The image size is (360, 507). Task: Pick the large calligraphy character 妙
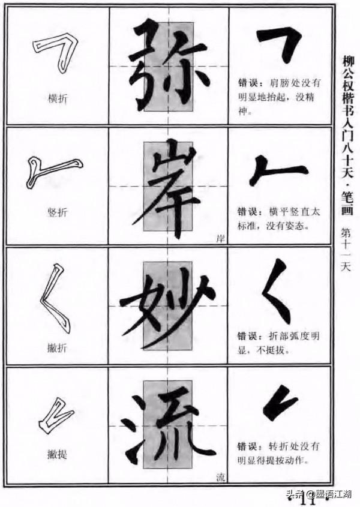click(x=168, y=306)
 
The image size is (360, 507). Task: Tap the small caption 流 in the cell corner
click(x=220, y=478)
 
